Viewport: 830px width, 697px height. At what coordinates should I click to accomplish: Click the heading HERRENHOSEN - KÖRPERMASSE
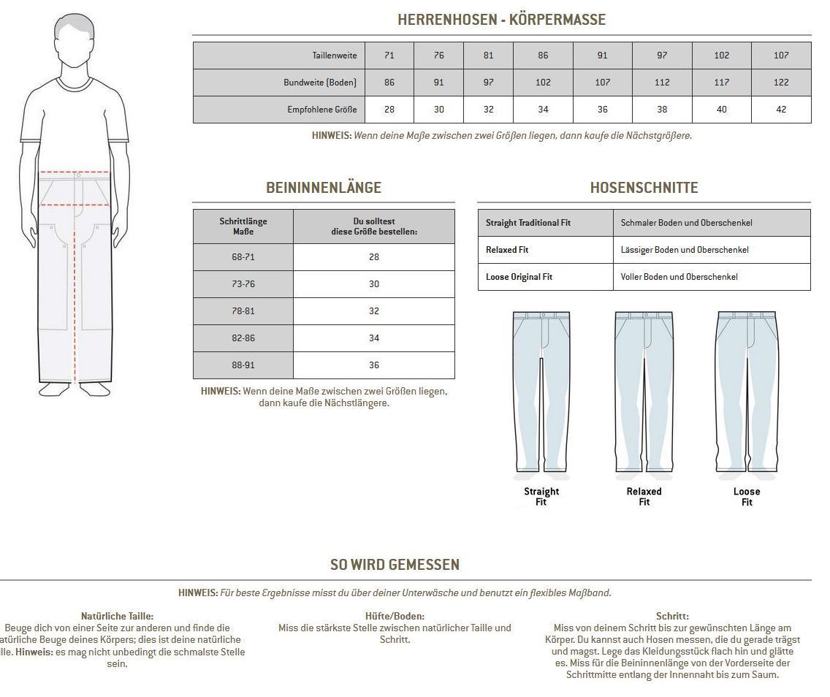pos(501,20)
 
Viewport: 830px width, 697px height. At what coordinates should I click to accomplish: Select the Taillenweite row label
pos(334,56)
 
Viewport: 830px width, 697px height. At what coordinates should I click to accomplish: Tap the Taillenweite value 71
pos(389,56)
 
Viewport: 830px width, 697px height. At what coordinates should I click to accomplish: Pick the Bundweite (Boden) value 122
pos(781,83)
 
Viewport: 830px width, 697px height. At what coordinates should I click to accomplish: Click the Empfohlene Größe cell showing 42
pos(781,110)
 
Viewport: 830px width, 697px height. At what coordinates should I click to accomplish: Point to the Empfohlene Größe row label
pos(322,110)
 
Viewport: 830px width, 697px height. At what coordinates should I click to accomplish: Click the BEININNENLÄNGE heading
pos(324,188)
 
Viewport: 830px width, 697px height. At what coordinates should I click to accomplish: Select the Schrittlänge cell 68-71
pos(243,257)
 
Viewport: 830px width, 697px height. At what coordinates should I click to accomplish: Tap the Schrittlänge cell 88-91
pos(243,365)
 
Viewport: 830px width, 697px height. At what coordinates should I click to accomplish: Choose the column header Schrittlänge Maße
pos(243,226)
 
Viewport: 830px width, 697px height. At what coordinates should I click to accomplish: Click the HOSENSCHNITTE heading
pos(644,188)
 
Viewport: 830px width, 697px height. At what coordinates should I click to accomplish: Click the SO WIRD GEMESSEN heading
pos(395,565)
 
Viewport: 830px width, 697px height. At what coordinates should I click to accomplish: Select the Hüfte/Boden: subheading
pos(395,617)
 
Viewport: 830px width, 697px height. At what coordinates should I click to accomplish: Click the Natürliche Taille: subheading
pos(117,617)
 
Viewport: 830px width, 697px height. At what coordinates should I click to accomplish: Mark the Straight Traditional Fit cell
pos(528,223)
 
